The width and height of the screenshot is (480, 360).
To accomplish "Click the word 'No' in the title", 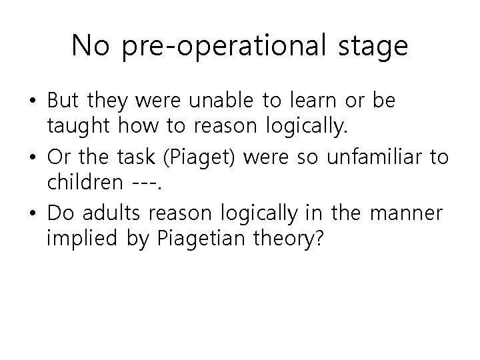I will click(x=91, y=45).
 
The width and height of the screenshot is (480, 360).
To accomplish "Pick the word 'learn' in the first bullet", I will click(x=315, y=101).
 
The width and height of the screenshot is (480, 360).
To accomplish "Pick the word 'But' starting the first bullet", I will click(x=63, y=101).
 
